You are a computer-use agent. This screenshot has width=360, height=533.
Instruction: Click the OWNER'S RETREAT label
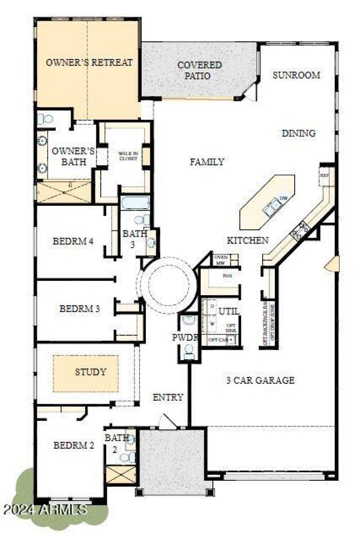pos(89,63)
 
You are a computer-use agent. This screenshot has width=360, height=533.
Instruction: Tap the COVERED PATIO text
pos(199,70)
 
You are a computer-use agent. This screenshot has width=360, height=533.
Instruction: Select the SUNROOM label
pos(296,75)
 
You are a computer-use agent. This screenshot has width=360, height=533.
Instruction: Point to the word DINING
pos(298,133)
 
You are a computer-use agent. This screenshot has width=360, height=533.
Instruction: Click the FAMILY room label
pos(207,162)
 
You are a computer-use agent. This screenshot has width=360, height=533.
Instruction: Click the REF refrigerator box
pos(325,176)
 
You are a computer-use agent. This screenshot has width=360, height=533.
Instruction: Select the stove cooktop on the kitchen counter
pos(299,230)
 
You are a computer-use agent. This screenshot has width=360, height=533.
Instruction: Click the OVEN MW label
pos(220,260)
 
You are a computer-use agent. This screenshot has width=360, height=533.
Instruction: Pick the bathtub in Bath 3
pos(135,203)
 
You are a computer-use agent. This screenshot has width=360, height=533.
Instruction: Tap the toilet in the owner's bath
pos(45,119)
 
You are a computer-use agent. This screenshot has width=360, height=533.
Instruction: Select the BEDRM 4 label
pos(73,241)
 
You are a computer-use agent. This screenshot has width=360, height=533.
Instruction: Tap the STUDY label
pos(90,372)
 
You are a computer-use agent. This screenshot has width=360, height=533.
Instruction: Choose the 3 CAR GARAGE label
pos(261,380)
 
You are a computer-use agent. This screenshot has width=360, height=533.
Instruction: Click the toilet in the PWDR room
pos(189,350)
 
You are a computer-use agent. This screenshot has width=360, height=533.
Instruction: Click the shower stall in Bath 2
pos(121,475)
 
